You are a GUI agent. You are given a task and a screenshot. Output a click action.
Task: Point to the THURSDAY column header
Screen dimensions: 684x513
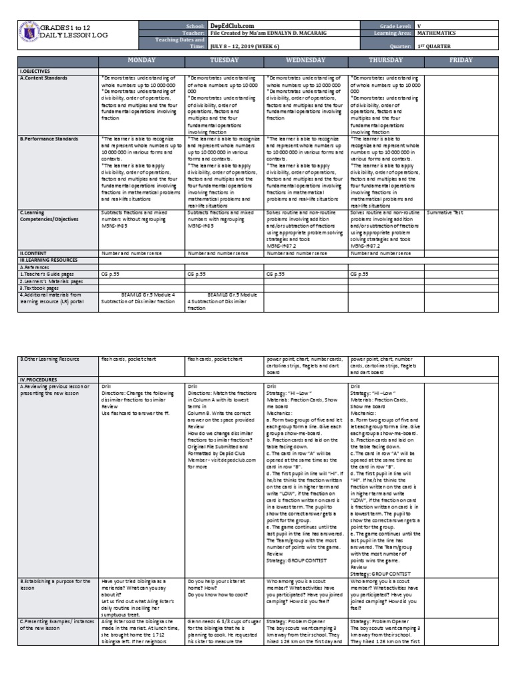(x=385, y=60)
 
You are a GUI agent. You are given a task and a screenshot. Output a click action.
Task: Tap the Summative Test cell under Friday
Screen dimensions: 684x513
(x=445, y=212)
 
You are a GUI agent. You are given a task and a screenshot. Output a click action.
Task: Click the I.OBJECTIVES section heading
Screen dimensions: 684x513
(x=35, y=70)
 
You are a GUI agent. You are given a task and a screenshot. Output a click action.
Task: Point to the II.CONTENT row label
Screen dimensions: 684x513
(x=33, y=254)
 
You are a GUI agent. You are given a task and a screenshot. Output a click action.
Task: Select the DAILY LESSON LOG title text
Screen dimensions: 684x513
(x=69, y=33)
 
